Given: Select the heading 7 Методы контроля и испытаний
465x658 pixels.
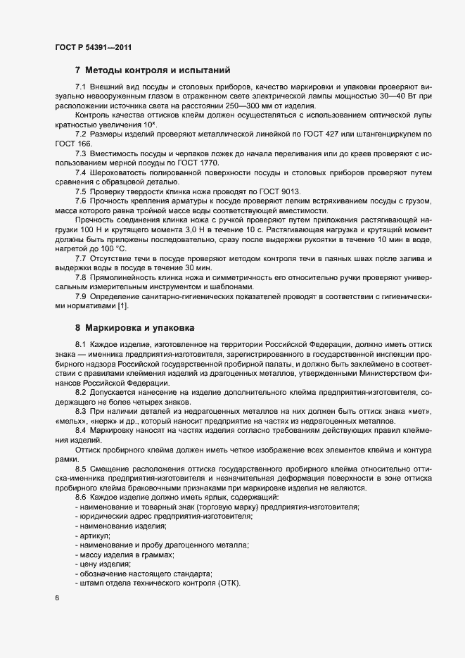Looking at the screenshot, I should click(x=153, y=70).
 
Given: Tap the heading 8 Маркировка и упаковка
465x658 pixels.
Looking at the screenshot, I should click(x=135, y=327).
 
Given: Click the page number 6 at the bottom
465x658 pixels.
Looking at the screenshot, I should click(x=56, y=598).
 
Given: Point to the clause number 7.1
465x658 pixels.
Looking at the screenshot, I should click(x=81, y=86).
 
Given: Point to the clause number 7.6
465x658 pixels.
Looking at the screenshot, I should click(x=81, y=203).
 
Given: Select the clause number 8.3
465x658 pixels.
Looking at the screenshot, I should click(x=81, y=411).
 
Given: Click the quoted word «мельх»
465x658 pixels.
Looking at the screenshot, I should click(x=70, y=421).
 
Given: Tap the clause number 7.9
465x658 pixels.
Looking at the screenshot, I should click(x=81, y=296).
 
